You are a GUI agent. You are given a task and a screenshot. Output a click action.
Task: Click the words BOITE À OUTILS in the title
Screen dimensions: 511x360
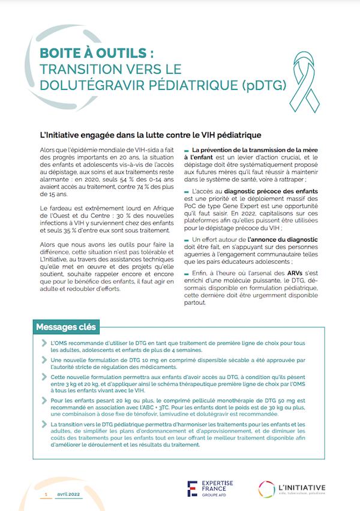click(x=93, y=53)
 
